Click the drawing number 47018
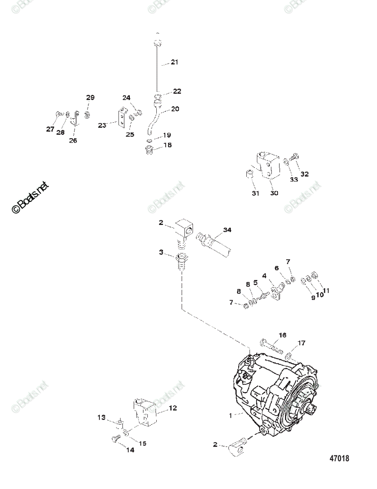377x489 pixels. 339,458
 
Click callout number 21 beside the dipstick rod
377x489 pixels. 175,62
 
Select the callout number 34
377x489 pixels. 227,230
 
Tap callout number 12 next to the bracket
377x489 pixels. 173,407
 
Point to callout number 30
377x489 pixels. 274,193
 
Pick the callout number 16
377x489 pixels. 283,335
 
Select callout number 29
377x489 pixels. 90,97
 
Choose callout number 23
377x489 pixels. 102,126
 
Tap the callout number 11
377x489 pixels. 326,291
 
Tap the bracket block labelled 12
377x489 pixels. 144,412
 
